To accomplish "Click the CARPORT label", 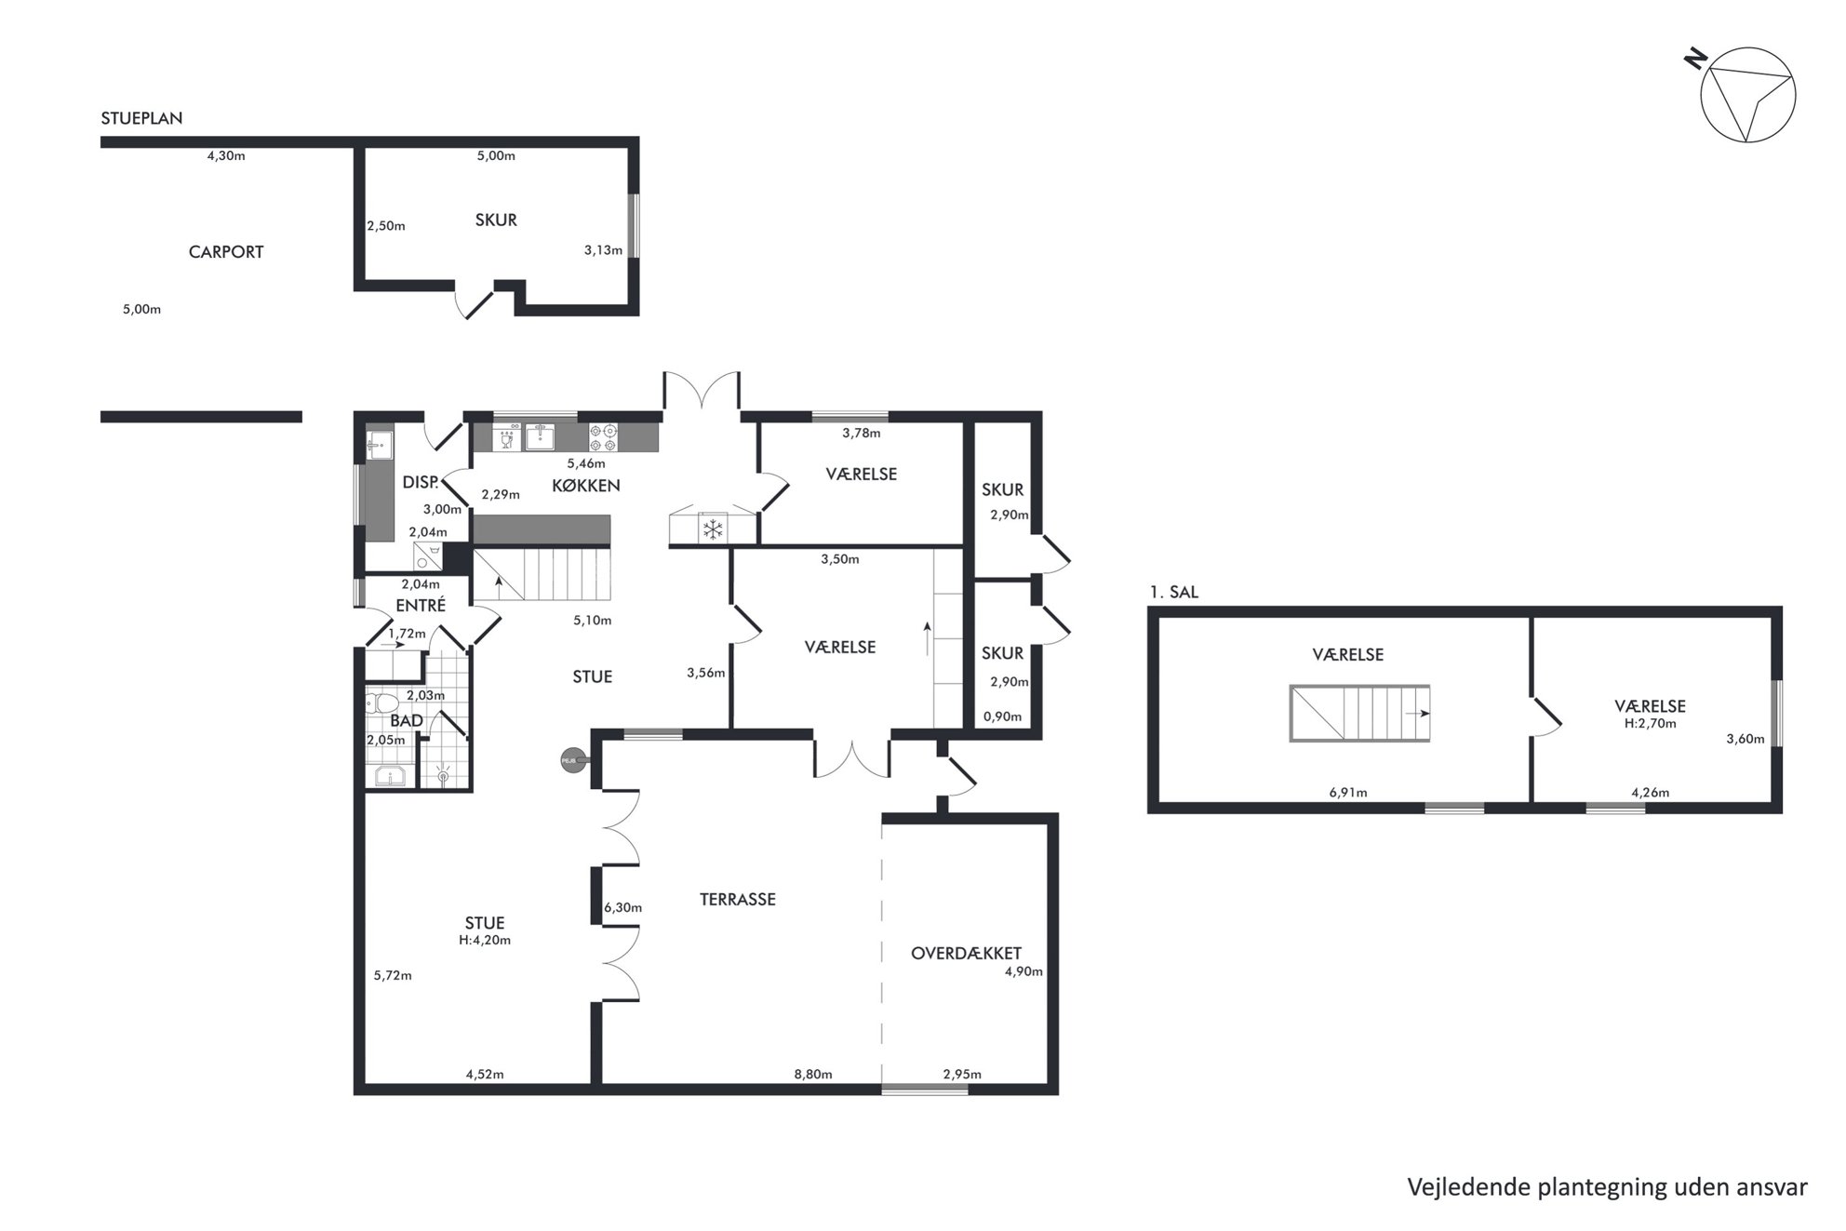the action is (x=226, y=252).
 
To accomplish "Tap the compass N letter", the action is (x=1695, y=60).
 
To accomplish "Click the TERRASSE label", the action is (x=738, y=900).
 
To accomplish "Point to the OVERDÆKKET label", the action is (x=966, y=954).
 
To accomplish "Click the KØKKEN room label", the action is (x=586, y=486).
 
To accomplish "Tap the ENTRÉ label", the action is (x=421, y=605).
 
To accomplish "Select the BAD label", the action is (x=407, y=720).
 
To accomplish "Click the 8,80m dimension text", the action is (x=813, y=1075).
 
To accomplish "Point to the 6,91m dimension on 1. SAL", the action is (x=1348, y=794).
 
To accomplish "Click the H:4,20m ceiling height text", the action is (x=485, y=941).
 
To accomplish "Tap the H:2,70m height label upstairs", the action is (x=1651, y=724).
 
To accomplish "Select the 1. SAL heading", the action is (x=1174, y=593).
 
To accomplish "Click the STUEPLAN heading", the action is (x=141, y=119).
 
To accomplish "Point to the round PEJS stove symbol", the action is (x=569, y=761).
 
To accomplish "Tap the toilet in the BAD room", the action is (x=381, y=702).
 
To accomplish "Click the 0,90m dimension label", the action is (x=1003, y=717).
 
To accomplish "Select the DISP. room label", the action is (x=421, y=483).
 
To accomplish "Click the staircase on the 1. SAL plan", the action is (x=1359, y=714).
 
